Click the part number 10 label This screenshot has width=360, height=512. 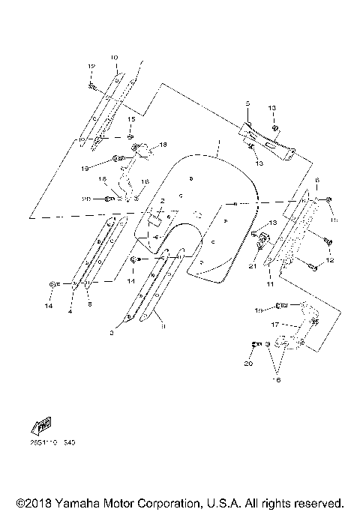click(114, 57)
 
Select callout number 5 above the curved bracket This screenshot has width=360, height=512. click(246, 103)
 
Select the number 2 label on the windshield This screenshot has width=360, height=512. click(161, 202)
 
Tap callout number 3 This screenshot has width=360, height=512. click(112, 330)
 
